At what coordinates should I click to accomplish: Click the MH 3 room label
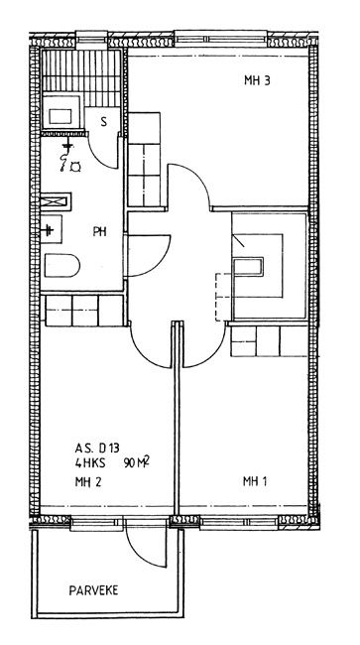pyautogui.click(x=257, y=80)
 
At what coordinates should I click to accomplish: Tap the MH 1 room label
pyautogui.click(x=255, y=481)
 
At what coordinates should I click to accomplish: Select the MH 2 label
pyautogui.click(x=88, y=481)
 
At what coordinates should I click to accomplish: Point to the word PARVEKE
pyautogui.click(x=93, y=590)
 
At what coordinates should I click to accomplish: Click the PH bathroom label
pyautogui.click(x=99, y=232)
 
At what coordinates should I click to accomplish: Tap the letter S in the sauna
pyautogui.click(x=103, y=121)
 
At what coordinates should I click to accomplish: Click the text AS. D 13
pyautogui.click(x=97, y=448)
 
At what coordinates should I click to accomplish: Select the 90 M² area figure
pyautogui.click(x=136, y=463)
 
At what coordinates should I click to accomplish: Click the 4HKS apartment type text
pyautogui.click(x=90, y=463)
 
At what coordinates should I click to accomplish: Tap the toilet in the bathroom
pyautogui.click(x=61, y=265)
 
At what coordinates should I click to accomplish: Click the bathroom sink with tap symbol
pyautogui.click(x=52, y=229)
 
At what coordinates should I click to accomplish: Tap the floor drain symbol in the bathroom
pyautogui.click(x=75, y=167)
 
